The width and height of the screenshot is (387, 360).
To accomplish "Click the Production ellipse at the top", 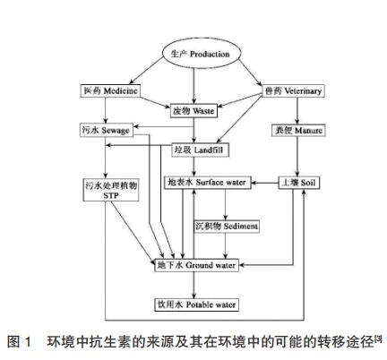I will [194, 55].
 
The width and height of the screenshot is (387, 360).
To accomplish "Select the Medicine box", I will [106, 91].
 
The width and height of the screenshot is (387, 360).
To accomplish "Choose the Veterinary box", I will [293, 91].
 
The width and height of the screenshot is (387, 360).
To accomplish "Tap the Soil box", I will [294, 183].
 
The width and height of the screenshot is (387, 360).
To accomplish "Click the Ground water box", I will [198, 266].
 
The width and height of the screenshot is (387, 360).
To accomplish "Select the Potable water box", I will [199, 305].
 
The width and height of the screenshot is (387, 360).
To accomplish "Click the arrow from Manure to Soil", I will [294, 157].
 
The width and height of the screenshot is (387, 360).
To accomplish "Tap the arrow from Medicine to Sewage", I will [106, 111].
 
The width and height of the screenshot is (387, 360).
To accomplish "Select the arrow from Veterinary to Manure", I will [294, 111].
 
